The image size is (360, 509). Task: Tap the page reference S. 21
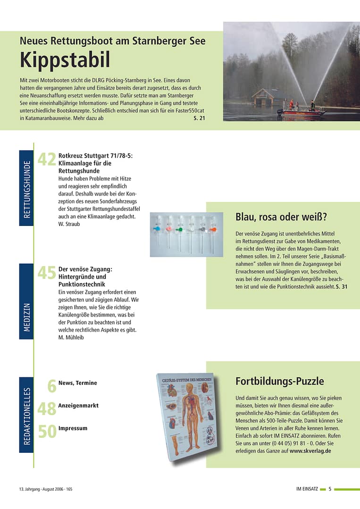199,118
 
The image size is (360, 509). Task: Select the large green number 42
47,160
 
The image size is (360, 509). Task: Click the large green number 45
47,273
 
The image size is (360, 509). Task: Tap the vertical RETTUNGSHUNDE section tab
26,188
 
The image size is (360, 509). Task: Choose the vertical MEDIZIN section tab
26,301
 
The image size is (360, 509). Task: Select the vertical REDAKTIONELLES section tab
26,415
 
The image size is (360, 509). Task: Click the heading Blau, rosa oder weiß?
281,217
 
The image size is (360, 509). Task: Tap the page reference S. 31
342,287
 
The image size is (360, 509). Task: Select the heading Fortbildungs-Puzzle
279,381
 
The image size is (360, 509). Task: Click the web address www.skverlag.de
310,451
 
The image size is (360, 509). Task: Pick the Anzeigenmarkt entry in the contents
78,406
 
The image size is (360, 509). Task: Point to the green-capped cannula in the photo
179,230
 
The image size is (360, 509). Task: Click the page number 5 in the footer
330,489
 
